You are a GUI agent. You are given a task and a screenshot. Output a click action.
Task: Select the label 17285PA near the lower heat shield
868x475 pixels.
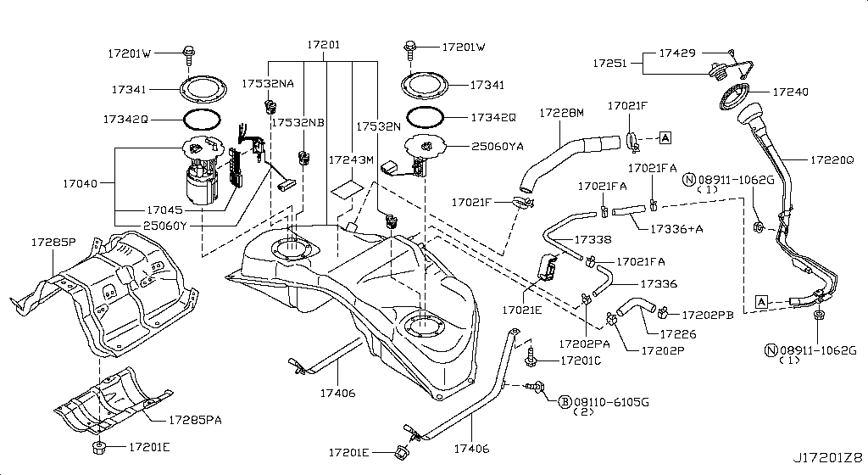pyautogui.click(x=196, y=419)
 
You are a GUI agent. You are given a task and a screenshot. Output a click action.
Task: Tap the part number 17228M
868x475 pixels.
pyautogui.click(x=563, y=113)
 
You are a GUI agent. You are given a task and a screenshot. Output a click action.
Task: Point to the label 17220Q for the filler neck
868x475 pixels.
pyautogui.click(x=832, y=159)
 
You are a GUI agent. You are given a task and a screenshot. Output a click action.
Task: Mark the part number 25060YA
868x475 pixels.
pyautogui.click(x=496, y=146)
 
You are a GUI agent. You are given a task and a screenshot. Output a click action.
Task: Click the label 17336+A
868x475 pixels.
pyautogui.click(x=678, y=228)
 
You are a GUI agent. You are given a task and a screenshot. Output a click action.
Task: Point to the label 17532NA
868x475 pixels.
pyautogui.click(x=268, y=84)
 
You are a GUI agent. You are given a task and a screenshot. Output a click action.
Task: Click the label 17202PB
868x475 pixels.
pyautogui.click(x=708, y=314)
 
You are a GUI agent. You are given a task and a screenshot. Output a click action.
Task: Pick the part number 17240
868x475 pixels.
pyautogui.click(x=790, y=92)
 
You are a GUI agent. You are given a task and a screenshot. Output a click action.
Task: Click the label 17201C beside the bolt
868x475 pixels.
pyautogui.click(x=581, y=361)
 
